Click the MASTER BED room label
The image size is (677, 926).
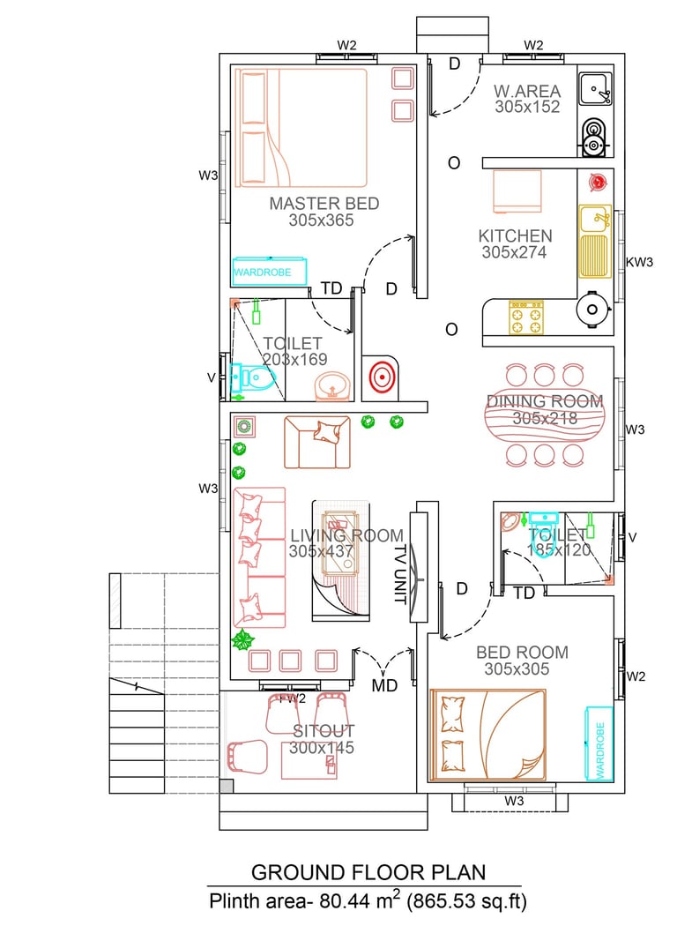pos(324,204)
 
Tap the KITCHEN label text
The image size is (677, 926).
pos(516,236)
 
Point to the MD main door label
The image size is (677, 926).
pos(385,685)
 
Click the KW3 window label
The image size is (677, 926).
pos(640,262)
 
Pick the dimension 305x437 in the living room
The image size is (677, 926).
pos(321,551)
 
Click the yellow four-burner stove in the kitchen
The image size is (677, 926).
pos(526,317)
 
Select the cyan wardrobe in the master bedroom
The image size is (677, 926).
pos(270,272)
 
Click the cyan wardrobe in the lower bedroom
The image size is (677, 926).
pos(599,743)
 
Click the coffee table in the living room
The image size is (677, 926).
pos(340,542)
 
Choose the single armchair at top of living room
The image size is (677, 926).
pos(317,443)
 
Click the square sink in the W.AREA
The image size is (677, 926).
pos(596,89)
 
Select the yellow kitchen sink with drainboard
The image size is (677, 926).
pos(595,241)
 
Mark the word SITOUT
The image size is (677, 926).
pos(324,731)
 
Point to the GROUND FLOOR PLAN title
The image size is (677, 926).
pos(368,872)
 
